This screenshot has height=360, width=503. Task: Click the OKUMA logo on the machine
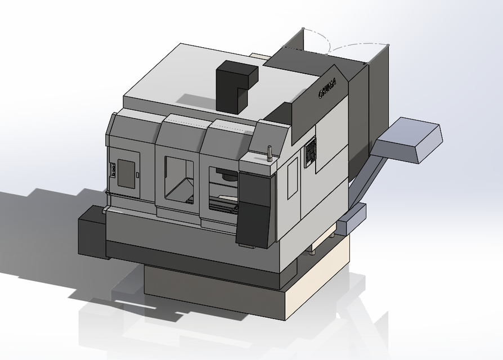point(327,89)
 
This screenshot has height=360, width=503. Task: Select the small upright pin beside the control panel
point(270,154)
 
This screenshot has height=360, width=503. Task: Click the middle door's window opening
point(179,179)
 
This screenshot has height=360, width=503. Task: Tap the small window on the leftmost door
point(126,171)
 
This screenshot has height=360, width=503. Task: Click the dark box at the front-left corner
point(91,231)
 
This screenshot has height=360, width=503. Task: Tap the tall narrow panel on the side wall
point(293,178)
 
